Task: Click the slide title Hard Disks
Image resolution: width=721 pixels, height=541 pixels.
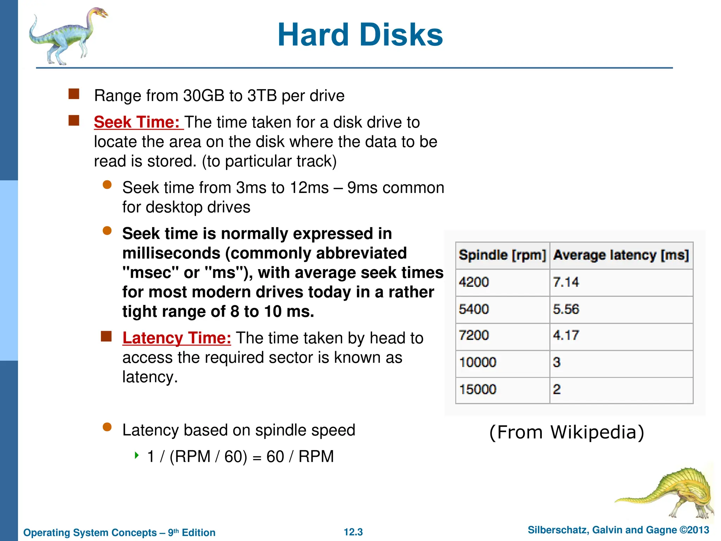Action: [360, 35]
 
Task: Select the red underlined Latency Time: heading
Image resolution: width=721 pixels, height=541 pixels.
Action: [177, 338]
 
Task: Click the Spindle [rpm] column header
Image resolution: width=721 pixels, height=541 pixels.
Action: [502, 255]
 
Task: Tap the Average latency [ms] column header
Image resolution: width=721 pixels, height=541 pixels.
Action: [621, 255]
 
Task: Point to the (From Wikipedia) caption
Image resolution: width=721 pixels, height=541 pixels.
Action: [566, 432]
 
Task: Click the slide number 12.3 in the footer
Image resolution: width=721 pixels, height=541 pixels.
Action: [353, 532]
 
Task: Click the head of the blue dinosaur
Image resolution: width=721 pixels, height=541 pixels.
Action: [100, 13]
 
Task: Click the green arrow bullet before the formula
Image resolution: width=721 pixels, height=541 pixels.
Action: [137, 455]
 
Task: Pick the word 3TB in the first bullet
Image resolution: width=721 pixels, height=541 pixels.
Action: [262, 96]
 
